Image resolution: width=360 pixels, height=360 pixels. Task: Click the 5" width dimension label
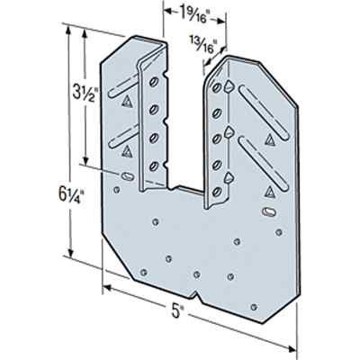click(176, 311)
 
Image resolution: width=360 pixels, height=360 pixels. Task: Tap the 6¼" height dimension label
click(68, 195)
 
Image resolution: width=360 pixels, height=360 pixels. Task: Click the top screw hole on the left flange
click(154, 82)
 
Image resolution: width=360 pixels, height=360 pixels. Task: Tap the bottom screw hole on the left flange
click(154, 166)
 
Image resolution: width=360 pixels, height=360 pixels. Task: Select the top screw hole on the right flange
click(217, 87)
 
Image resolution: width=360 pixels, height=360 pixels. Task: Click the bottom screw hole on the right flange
click(217, 191)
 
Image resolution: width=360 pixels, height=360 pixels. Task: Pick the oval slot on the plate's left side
click(127, 176)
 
